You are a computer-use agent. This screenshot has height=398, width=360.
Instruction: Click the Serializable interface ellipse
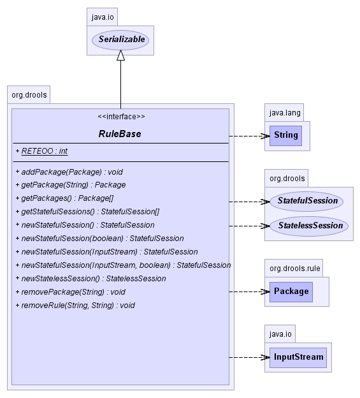[x=120, y=40]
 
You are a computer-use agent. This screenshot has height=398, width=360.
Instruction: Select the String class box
[x=285, y=136]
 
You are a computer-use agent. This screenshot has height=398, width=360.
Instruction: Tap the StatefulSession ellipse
[x=306, y=202]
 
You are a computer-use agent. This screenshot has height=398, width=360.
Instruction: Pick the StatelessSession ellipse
[x=309, y=226]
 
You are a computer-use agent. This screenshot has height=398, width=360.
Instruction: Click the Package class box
[x=291, y=291]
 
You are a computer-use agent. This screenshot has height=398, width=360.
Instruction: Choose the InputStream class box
[x=298, y=357]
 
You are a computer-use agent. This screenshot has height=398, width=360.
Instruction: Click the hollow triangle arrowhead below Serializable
[x=120, y=55]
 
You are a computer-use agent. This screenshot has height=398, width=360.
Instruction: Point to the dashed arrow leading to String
[x=250, y=136]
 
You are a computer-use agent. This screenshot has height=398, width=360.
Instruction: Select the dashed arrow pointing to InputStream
[x=250, y=357]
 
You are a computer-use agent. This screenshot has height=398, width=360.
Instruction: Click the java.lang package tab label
[x=285, y=113]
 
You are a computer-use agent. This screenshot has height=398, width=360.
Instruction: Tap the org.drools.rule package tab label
[x=295, y=269]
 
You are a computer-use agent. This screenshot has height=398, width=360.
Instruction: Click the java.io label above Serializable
[x=103, y=17]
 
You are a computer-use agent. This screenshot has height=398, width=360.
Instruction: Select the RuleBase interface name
[x=120, y=134]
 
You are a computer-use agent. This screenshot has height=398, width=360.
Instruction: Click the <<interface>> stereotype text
[x=121, y=117]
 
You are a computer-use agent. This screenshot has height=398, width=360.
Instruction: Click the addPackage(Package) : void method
[x=69, y=172]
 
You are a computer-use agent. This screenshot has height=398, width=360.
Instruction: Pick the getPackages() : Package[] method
[x=64, y=198]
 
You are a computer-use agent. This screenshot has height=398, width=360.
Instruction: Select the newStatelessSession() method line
[x=90, y=279]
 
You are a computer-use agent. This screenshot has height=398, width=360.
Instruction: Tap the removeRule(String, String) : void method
[x=75, y=305]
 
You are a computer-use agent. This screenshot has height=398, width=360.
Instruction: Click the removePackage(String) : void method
[x=71, y=292]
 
